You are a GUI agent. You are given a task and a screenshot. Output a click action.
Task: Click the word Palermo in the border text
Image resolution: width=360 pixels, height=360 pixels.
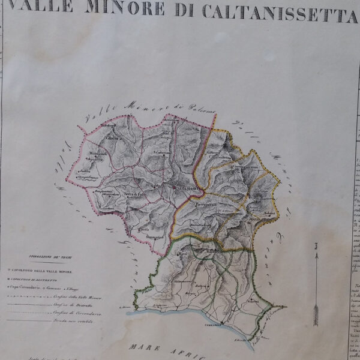pos(202,107)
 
